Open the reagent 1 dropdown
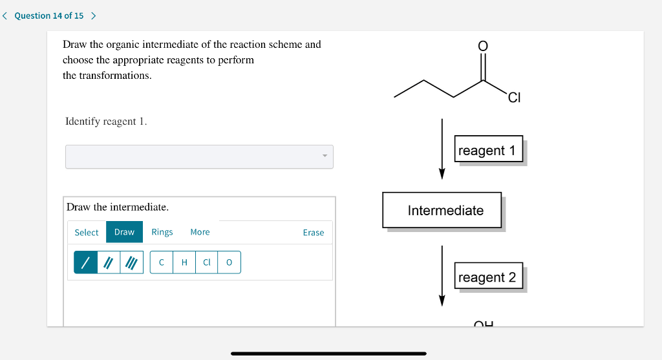199,156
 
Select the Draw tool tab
124,232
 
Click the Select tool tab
87,232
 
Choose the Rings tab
162,232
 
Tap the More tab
200,232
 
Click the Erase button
314,233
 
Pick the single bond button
85,262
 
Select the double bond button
109,262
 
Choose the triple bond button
131,262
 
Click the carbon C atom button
162,262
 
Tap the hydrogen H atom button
184,262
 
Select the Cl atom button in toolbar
207,262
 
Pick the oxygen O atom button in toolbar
229,262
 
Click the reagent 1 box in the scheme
487,151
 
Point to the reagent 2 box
487,277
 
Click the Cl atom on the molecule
514,98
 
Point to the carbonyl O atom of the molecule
482,45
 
